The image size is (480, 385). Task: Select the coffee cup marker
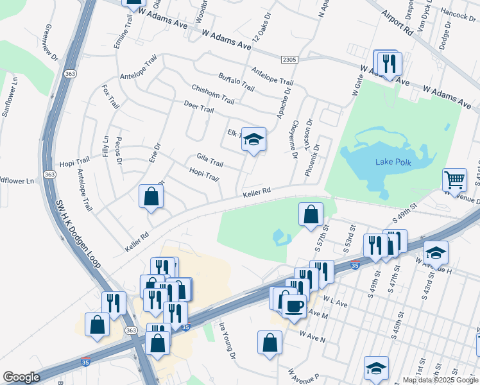tap(294, 306)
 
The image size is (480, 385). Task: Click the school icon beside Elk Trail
tap(253, 139)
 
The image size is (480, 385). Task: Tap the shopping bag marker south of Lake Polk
tap(311, 215)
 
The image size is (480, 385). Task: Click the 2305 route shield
tap(289, 60)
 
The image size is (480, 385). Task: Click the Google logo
tap(21, 377)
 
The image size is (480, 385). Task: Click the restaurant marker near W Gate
tap(388, 64)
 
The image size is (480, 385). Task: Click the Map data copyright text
tap(440, 380)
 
